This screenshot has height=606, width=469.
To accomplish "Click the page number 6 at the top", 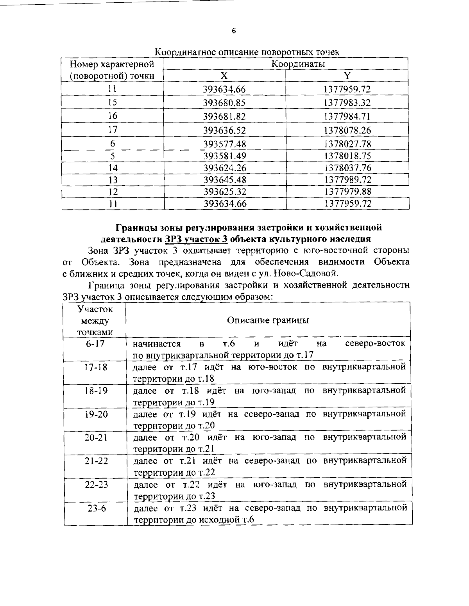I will (234, 32).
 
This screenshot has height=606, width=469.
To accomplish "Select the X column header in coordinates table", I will (225, 76).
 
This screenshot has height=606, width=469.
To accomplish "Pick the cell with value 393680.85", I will (225, 103).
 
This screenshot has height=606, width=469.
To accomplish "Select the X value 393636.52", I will (225, 130).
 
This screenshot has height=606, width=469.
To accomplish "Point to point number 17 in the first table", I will (113, 129).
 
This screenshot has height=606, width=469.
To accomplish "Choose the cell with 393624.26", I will (225, 168).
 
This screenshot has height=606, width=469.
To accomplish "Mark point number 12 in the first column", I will (113, 192).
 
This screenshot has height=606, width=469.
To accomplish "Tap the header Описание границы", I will (268, 320).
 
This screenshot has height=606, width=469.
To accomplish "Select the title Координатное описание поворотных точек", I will (247, 52).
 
